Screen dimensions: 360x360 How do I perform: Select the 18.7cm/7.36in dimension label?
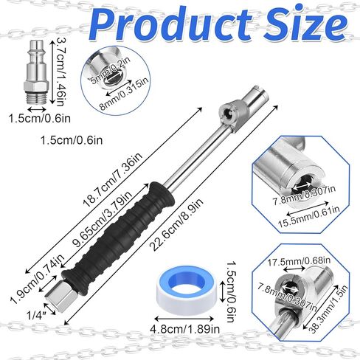(113, 180)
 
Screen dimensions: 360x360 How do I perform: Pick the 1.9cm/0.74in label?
(38, 279)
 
